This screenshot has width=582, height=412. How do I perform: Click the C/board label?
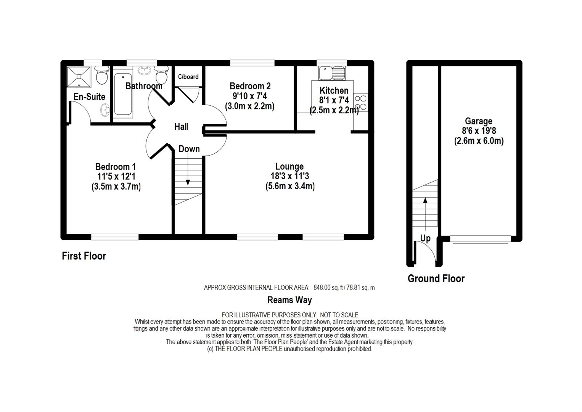point(188,77)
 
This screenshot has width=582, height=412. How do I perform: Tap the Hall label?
point(182,127)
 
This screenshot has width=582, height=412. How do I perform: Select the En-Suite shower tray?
point(79,77)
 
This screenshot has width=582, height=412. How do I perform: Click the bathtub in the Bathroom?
point(123,94)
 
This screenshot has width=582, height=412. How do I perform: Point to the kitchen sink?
point(332,73)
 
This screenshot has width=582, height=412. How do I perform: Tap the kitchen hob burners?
point(361,102)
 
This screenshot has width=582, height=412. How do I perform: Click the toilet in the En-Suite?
point(102,75)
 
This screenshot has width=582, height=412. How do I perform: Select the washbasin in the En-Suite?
point(105,110)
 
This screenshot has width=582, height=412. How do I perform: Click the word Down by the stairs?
point(189,149)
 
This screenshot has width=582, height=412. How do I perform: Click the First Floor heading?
point(84,256)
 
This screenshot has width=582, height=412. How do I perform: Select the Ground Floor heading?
point(436,278)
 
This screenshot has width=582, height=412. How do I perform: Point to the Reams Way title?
point(289,300)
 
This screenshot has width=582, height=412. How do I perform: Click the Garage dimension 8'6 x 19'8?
point(479,131)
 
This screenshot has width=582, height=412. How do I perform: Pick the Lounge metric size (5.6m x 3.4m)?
point(290,187)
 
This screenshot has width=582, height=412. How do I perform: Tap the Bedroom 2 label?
point(250,86)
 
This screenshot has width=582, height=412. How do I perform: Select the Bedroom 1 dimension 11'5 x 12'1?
point(116,177)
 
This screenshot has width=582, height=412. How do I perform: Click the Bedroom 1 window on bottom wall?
point(114,237)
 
